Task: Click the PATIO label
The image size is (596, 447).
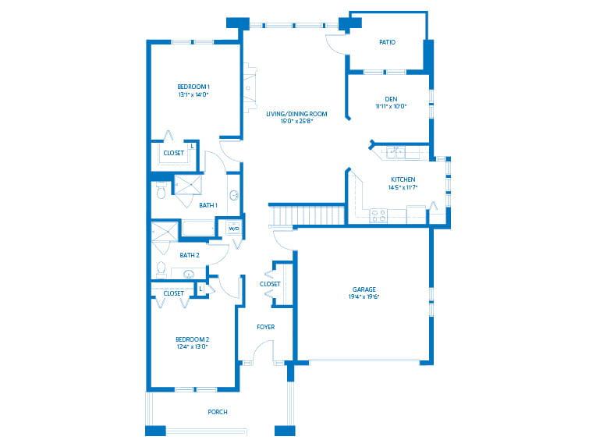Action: pyautogui.click(x=388, y=42)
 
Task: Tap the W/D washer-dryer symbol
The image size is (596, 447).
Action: pyautogui.click(x=233, y=228)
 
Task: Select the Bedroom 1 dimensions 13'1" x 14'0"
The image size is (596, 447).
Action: pyautogui.click(x=193, y=94)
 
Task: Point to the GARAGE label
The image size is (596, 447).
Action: pyautogui.click(x=364, y=289)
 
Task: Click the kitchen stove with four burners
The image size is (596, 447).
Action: pyautogui.click(x=378, y=216)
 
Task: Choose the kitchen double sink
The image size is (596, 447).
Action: pyautogui.click(x=396, y=152)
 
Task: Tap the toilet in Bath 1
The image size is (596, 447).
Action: pyautogui.click(x=161, y=190)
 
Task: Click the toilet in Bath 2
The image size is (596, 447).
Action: pyautogui.click(x=161, y=269)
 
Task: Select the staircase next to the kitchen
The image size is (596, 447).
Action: pyautogui.click(x=307, y=215)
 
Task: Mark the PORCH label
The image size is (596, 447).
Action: pyautogui.click(x=218, y=412)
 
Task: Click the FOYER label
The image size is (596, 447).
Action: pyautogui.click(x=265, y=327)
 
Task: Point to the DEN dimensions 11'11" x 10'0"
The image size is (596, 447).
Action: pyautogui.click(x=391, y=106)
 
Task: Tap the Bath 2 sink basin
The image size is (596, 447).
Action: pyautogui.click(x=189, y=273)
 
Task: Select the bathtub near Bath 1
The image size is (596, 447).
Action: pyautogui.click(x=198, y=229)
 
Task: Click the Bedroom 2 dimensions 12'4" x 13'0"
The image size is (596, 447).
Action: pyautogui.click(x=192, y=346)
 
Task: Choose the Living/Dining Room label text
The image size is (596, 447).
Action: pyautogui.click(x=296, y=114)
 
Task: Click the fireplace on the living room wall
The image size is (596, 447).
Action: pyautogui.click(x=250, y=88)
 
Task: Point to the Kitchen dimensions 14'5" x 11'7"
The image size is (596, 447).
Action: pyautogui.click(x=403, y=187)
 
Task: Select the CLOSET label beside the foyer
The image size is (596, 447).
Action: pyautogui.click(x=270, y=284)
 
